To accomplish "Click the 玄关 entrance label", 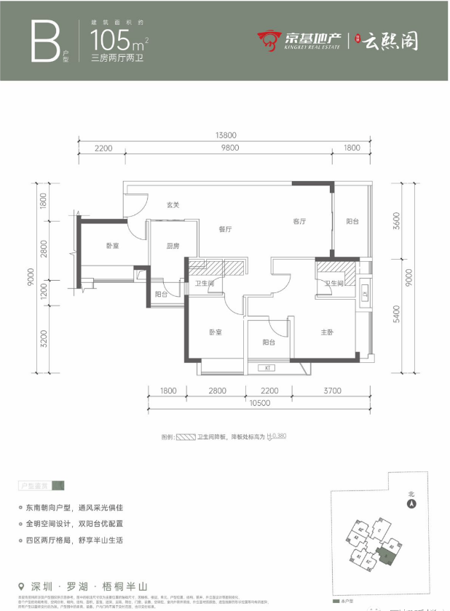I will coord(173,205).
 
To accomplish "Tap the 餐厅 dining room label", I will coord(225,229).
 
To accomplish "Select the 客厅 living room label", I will coord(299,221).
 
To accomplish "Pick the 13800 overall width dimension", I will coord(225,135).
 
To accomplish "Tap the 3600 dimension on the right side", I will coord(396,219).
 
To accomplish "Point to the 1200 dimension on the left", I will coord(44,293).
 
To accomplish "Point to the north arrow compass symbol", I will coord(411,503).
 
